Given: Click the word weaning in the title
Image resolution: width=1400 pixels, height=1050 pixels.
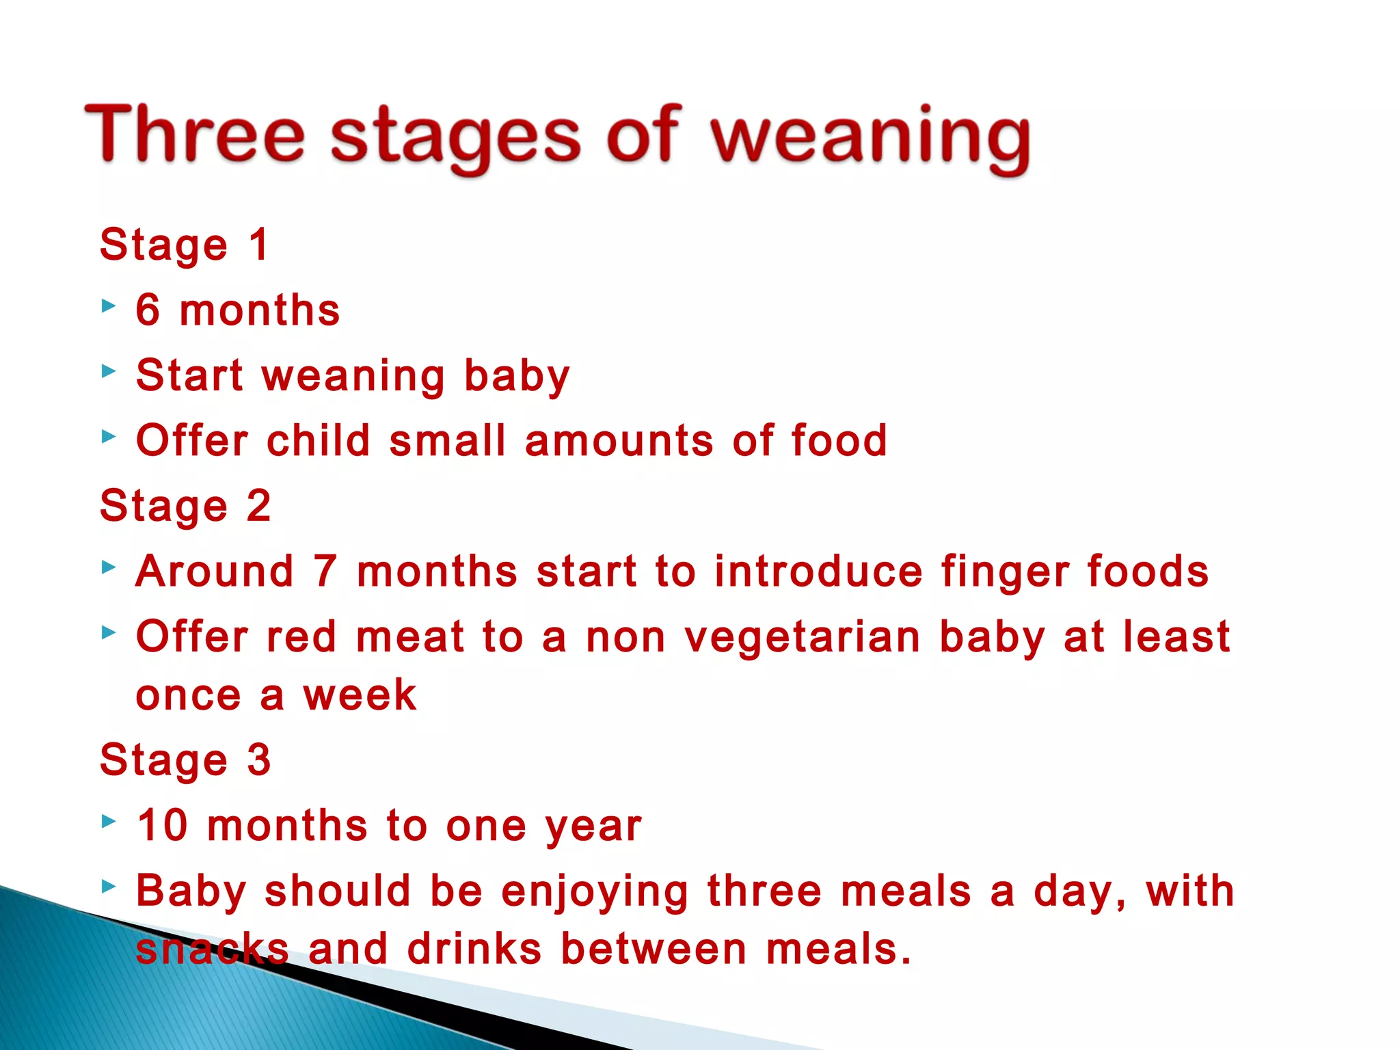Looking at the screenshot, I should point(870,137).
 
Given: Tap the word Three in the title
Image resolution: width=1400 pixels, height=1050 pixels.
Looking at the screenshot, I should point(194,133).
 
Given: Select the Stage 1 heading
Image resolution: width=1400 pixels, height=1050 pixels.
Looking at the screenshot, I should point(185,245).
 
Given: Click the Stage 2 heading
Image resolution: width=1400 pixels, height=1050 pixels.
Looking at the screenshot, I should point(185,507).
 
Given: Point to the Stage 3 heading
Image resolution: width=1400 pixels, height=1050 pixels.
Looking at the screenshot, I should point(185,760).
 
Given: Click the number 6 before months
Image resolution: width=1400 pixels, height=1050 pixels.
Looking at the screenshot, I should point(148,310).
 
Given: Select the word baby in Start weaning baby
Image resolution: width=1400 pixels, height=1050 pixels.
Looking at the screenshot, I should point(516,376).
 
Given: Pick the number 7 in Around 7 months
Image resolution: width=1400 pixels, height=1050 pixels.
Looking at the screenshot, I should point(325,571).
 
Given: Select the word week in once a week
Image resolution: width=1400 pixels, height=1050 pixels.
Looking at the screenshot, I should point(360,696).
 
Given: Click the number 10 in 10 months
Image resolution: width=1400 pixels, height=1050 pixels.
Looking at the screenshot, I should point(163,825).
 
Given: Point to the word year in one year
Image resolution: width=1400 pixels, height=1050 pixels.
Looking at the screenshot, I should point(593,827).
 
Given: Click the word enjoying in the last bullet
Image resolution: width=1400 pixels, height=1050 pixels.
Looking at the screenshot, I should point(595,892).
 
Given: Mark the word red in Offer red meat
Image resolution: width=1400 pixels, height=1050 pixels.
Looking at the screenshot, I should point(301,636).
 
